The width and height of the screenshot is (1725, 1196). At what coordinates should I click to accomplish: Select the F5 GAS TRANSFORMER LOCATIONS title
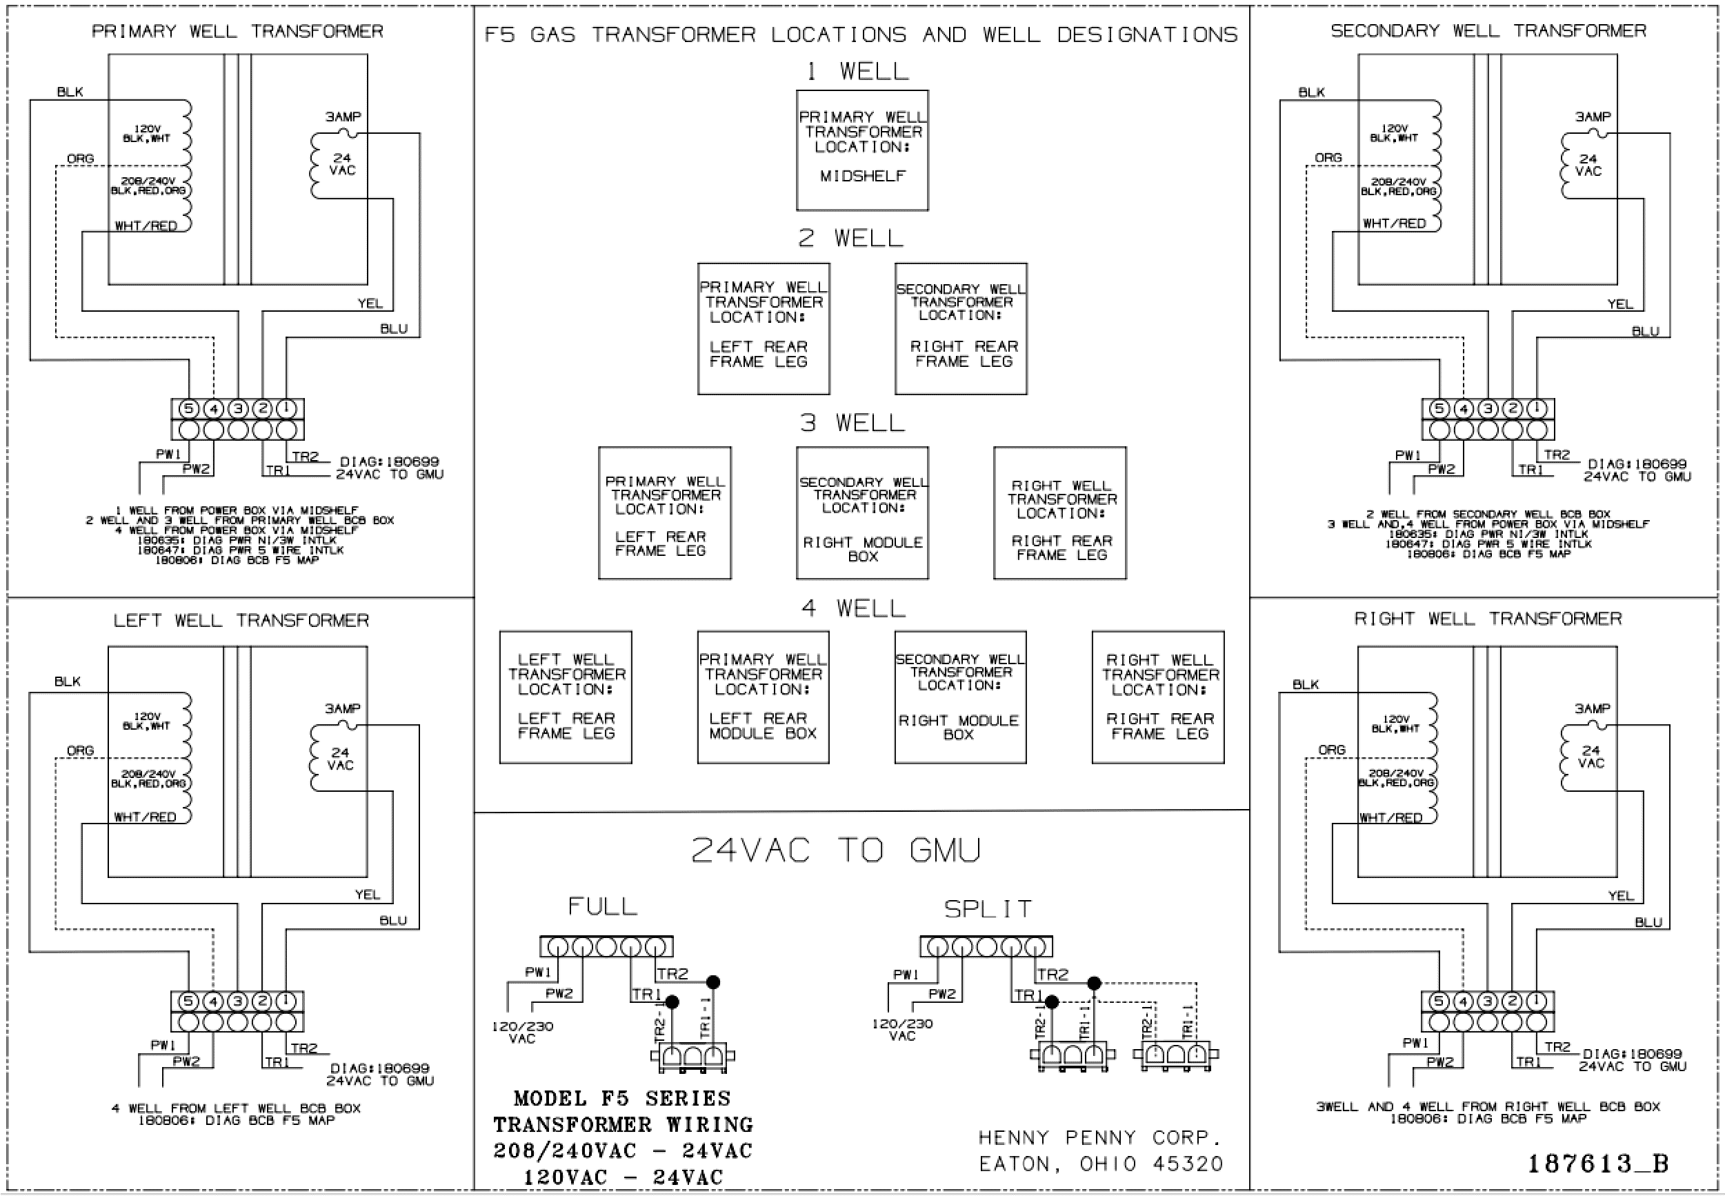click(x=861, y=34)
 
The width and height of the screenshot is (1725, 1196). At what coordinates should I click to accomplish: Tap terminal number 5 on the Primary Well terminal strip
click(x=189, y=408)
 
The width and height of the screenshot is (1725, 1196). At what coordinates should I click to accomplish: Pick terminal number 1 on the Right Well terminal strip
click(x=1536, y=1001)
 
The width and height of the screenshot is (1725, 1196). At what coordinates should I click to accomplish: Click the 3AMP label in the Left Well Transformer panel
click(x=343, y=708)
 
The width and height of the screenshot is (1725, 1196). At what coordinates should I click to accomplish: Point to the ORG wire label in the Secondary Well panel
click(x=1328, y=157)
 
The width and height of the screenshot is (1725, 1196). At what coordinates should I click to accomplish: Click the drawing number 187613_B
click(x=1597, y=1164)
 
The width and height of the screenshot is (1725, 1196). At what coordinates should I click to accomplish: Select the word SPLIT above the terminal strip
click(x=988, y=909)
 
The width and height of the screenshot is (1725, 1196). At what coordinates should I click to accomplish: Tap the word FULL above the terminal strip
click(x=603, y=906)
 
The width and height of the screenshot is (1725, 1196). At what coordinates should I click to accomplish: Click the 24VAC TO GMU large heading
click(x=835, y=850)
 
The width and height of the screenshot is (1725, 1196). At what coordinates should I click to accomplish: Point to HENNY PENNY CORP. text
click(x=1100, y=1137)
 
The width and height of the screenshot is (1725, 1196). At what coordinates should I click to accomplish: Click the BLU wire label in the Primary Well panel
click(x=394, y=329)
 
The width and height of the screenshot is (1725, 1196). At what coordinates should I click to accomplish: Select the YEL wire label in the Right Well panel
click(x=1620, y=895)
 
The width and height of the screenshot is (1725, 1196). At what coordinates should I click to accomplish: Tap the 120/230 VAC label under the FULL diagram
click(x=522, y=1032)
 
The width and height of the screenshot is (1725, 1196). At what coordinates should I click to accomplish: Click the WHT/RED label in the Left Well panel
click(x=146, y=817)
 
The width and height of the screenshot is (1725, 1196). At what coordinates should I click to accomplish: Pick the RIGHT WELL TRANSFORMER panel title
click(x=1488, y=618)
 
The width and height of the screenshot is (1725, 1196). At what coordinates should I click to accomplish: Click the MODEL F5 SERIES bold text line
click(x=622, y=1099)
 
